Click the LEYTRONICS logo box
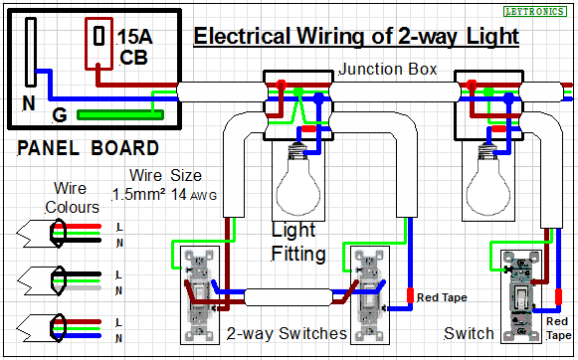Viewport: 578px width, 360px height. click(x=535, y=11)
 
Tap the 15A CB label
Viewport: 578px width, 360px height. click(x=134, y=47)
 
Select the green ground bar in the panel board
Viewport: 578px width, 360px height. click(x=120, y=114)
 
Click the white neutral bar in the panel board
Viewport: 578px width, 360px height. click(x=31, y=53)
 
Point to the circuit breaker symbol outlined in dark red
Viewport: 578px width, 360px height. click(x=98, y=44)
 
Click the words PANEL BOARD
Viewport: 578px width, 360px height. click(x=89, y=148)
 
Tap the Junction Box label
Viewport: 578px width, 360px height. click(x=388, y=69)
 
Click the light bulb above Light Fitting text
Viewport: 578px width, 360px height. click(x=298, y=179)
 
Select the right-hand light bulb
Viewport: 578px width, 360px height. click(x=488, y=179)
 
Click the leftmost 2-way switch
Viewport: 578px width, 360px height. click(x=199, y=295)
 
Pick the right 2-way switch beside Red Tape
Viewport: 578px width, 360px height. click(x=369, y=295)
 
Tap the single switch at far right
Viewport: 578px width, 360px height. click(x=521, y=296)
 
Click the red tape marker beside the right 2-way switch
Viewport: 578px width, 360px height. click(x=410, y=295)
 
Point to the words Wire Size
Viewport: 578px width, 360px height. click(x=165, y=175)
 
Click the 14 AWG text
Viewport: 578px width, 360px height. click(x=194, y=195)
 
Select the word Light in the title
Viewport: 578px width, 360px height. click(x=492, y=37)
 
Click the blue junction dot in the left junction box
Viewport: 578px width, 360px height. click(x=318, y=98)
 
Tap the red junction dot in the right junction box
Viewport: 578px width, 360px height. click(x=471, y=85)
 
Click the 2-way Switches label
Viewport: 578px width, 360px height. click(x=287, y=333)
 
